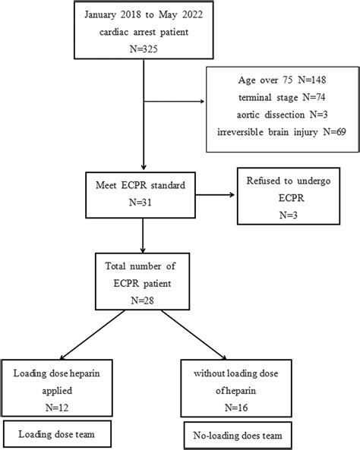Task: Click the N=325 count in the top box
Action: pos(143,50)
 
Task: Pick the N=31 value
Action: pos(143,203)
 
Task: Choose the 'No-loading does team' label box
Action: pos(232,438)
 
